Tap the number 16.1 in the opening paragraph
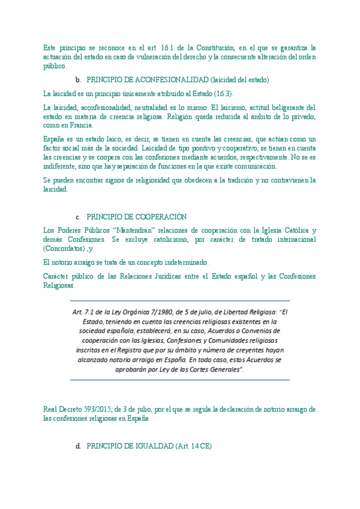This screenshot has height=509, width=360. coord(166,47)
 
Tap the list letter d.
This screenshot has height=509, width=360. coord(78,447)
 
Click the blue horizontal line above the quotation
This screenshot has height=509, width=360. coord(180,301)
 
